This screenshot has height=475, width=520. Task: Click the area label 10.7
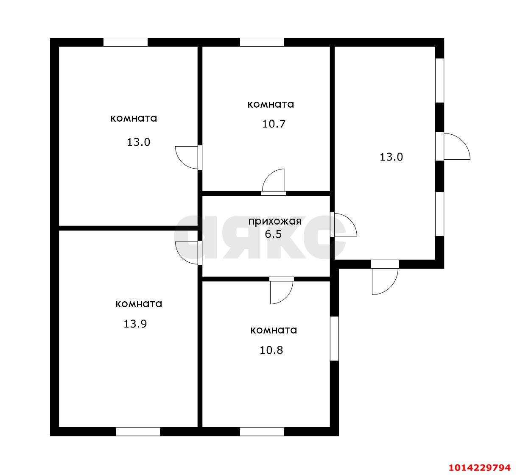click(274, 124)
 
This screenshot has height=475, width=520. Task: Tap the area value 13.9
click(135, 324)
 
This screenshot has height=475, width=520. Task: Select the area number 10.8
click(271, 350)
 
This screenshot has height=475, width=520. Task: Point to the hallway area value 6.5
click(273, 234)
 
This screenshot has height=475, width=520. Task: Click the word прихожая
click(275, 222)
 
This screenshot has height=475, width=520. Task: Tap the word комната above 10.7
click(271, 104)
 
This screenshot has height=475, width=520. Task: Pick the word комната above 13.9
click(139, 304)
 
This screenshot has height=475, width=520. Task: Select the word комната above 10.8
click(274, 330)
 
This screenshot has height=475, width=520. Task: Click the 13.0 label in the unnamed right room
click(391, 157)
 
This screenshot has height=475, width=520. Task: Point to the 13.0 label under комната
click(138, 142)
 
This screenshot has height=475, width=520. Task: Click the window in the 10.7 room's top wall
click(262, 42)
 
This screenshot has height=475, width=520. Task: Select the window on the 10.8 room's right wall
click(334, 338)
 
